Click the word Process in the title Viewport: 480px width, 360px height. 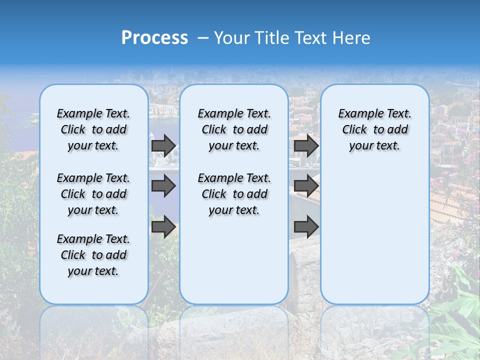(x=154, y=38)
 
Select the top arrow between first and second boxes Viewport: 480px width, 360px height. (x=163, y=145)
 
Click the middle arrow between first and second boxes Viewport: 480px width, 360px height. (x=163, y=186)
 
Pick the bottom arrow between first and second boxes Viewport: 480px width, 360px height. (x=163, y=226)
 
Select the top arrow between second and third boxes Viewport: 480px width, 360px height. (x=306, y=145)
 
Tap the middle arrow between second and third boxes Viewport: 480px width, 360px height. (x=306, y=186)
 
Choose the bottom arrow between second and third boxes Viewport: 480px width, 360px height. (x=306, y=226)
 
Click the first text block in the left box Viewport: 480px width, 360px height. (x=93, y=129)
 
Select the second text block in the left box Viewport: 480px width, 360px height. (x=93, y=194)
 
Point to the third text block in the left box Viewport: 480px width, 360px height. (x=93, y=255)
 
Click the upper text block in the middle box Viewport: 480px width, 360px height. (x=234, y=129)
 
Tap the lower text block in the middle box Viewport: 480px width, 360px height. (x=234, y=194)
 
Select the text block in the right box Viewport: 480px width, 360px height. (x=374, y=129)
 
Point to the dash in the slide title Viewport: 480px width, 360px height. (x=203, y=38)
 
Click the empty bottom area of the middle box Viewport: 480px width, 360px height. (x=234, y=265)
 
